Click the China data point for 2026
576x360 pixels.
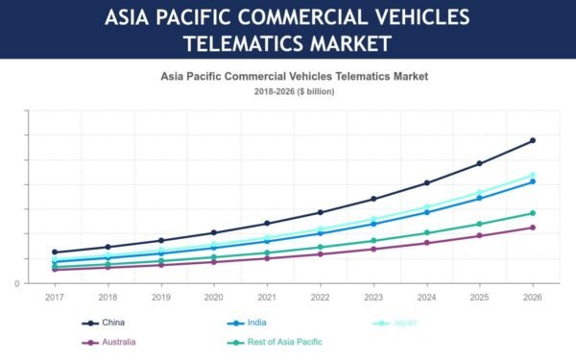[533, 140]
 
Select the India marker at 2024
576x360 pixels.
[427, 212]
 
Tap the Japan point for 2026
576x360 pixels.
[533, 176]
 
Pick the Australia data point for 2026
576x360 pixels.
[533, 228]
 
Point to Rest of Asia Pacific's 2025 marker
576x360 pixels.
[479, 224]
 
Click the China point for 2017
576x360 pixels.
[55, 252]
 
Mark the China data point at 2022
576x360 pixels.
[321, 212]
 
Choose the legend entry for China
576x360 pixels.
[104, 323]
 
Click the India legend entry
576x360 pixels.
[247, 323]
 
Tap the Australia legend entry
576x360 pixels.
[108, 343]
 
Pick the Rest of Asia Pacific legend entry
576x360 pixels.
[275, 343]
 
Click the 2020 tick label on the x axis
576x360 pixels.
[214, 298]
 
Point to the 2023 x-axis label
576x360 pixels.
[373, 298]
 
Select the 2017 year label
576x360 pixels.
[55, 298]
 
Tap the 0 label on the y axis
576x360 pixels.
[17, 283]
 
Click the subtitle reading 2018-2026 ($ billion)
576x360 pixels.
[295, 91]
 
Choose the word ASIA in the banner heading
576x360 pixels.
[127, 17]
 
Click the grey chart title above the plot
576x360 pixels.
[295, 77]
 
